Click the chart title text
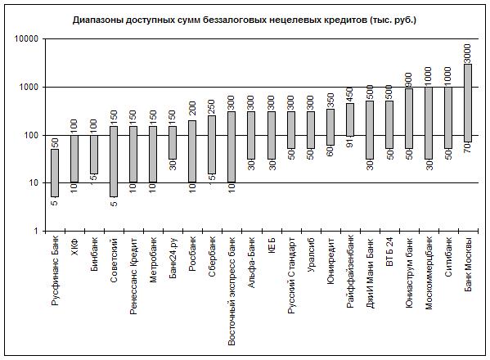point(245,20)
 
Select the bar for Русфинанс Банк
point(55,173)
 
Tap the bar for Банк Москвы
point(468,103)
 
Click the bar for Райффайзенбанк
point(350,119)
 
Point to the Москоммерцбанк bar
point(429,123)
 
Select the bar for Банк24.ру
point(173,143)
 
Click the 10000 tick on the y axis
point(26,39)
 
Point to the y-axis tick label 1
point(36,232)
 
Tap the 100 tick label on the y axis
point(30,135)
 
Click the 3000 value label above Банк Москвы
point(468,53)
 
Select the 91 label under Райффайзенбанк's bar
point(350,143)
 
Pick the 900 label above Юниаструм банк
point(409,79)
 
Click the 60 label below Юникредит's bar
point(330,151)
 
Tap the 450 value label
point(350,95)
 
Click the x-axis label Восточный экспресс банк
point(232,291)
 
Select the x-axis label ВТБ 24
point(389,251)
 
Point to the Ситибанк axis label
point(448,257)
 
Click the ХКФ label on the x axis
point(74,246)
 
